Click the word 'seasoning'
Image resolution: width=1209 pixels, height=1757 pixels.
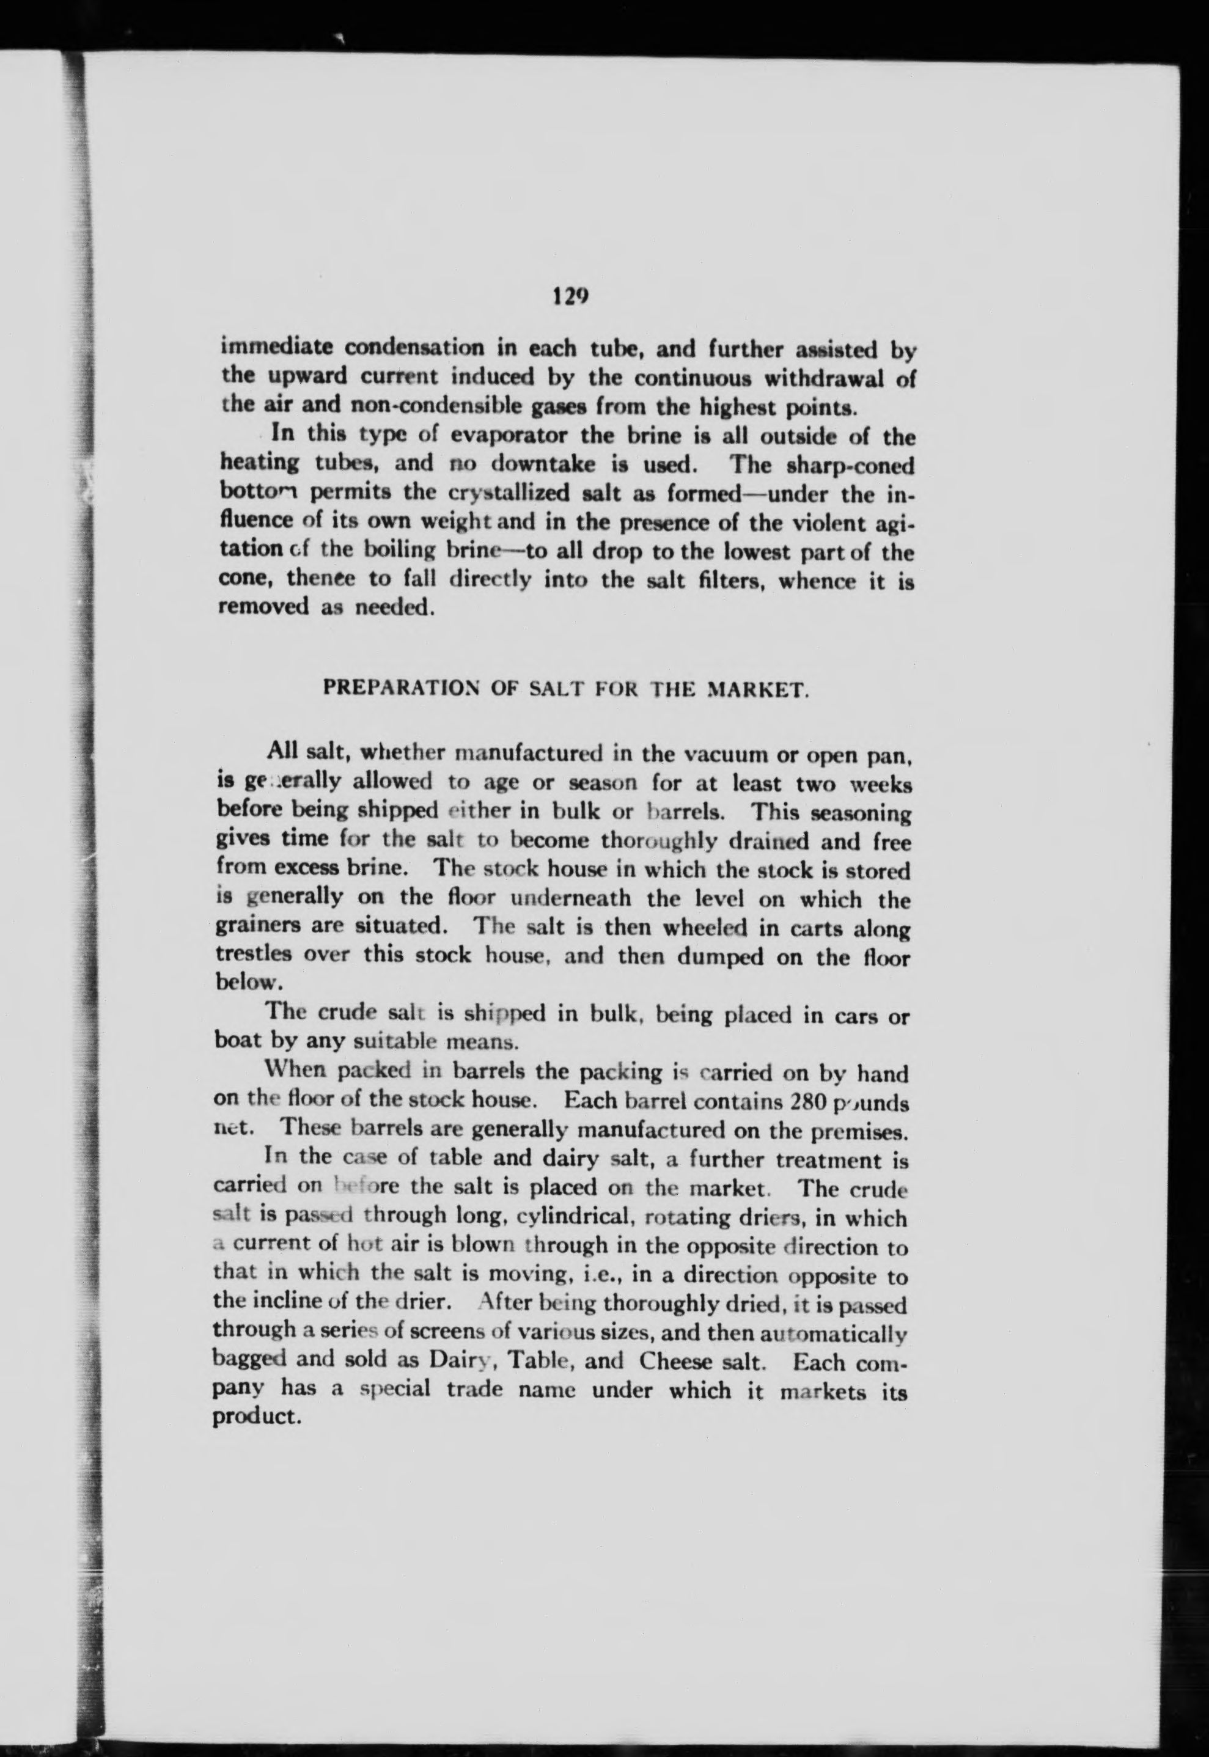[x=861, y=813]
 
